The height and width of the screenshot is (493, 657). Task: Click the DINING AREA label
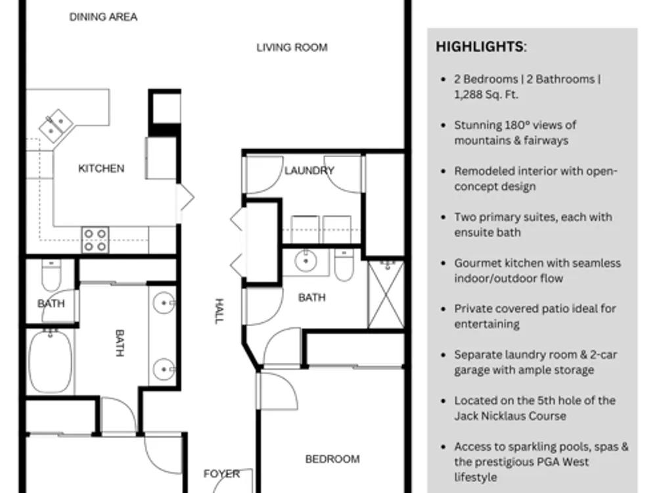(103, 17)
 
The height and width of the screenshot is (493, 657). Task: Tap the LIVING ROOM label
(292, 47)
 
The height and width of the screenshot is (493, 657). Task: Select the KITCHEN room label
(101, 168)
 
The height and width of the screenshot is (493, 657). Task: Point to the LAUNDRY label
(309, 171)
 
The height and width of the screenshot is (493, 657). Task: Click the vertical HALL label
(219, 312)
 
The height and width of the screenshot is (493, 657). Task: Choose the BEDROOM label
(332, 459)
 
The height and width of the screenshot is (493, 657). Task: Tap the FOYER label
(221, 474)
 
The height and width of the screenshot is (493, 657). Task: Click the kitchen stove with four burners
(95, 240)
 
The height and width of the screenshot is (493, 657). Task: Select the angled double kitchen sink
(56, 126)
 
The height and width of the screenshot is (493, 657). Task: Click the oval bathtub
(51, 361)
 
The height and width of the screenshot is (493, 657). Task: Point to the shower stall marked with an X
(386, 294)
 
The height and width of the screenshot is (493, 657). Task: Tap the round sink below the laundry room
(306, 261)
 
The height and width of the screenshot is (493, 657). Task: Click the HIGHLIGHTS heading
(481, 47)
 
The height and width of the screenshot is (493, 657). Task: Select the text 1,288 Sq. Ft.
(486, 95)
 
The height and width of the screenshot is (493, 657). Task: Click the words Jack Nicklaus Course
(510, 416)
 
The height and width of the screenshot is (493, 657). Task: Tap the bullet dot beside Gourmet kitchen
(443, 264)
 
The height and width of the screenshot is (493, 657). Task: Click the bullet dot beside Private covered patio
(443, 309)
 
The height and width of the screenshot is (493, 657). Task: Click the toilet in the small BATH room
(51, 275)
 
